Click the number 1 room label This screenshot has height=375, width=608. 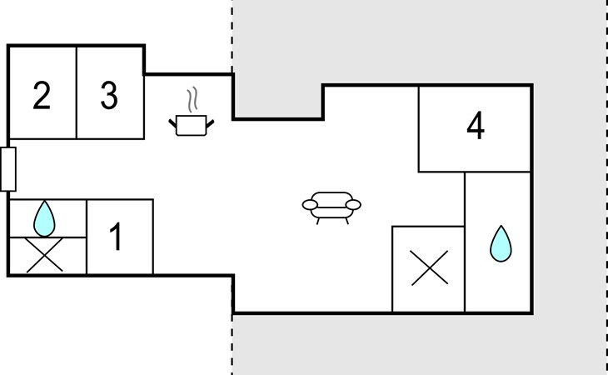(117, 237)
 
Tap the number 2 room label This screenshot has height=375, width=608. (42, 96)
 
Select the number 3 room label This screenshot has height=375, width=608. (109, 96)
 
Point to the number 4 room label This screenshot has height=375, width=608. (475, 127)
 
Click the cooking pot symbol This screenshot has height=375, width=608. (192, 125)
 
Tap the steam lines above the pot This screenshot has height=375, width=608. (194, 100)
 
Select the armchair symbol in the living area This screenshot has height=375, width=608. (331, 206)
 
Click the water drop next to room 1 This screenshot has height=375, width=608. (43, 218)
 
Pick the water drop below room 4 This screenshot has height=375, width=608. (500, 243)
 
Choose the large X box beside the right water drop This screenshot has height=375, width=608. (428, 268)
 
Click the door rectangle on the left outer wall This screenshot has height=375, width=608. (8, 168)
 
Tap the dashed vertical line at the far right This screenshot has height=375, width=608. (606, 187)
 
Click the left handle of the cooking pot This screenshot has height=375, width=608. (173, 122)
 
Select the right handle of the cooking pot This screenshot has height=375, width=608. (212, 122)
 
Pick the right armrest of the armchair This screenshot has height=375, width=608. (354, 204)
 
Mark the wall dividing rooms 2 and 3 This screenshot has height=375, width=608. (77, 92)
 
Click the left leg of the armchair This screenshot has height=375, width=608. (317, 219)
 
